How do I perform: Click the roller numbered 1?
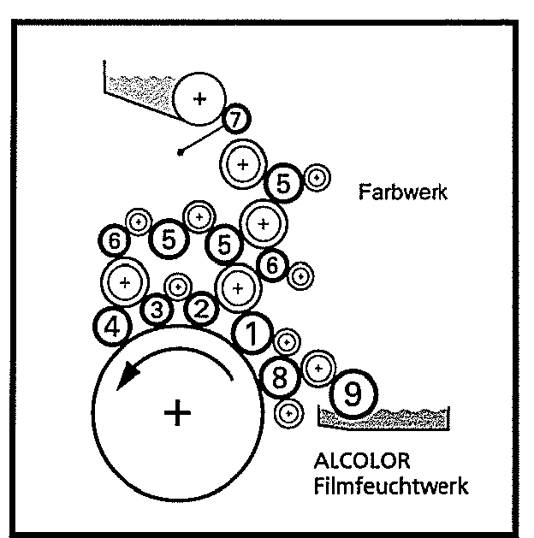pyautogui.click(x=252, y=334)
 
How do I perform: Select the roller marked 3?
pyautogui.click(x=157, y=310)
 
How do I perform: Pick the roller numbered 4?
pyautogui.click(x=113, y=325)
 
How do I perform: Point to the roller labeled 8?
pyautogui.click(x=280, y=376)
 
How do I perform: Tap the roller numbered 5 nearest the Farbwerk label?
pyautogui.click(x=284, y=182)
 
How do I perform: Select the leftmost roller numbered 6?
pyautogui.click(x=113, y=242)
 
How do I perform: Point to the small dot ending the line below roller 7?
pyautogui.click(x=180, y=154)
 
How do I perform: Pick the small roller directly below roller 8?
pyautogui.click(x=291, y=412)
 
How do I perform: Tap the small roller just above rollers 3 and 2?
pyautogui.click(x=178, y=286)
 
